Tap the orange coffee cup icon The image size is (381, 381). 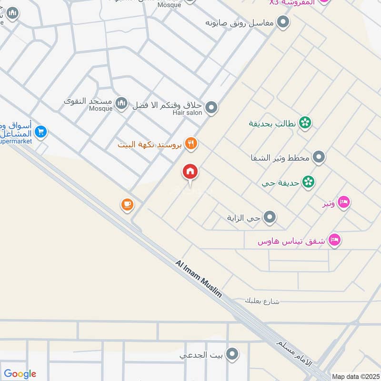point(127,205)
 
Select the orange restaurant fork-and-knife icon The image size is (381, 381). point(191,143)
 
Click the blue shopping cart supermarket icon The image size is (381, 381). point(40,132)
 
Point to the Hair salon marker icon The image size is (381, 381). point(211,108)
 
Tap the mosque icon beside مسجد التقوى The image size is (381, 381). point(122,103)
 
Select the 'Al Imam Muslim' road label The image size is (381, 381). point(199,279)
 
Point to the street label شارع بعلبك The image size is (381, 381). point(262,301)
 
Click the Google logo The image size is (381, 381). point(20,374)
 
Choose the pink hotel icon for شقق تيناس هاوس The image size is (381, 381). point(335,241)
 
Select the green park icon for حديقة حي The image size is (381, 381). point(309,181)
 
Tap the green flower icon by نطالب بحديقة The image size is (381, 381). point(305,123)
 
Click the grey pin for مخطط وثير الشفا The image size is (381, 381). point(319,157)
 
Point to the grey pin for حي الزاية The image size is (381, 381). point(270,218)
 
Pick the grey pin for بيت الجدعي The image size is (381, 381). point(232,354)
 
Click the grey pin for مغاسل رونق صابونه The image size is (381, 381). point(283,22)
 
